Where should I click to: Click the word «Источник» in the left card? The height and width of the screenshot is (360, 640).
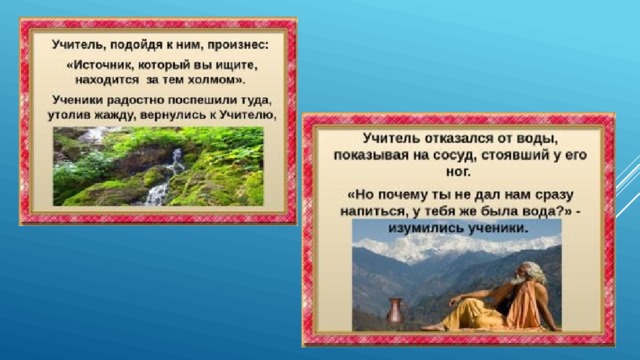pos(99,65)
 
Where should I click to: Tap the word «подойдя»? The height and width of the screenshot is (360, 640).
pos(136,44)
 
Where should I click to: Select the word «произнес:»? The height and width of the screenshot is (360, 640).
pos(238,45)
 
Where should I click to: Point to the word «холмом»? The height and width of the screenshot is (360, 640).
pos(216,80)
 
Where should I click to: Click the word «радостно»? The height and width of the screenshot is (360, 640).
pos(135,100)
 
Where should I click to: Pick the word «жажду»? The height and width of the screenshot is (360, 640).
pos(116,115)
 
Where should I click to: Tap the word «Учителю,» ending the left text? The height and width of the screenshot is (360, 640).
pos(248,115)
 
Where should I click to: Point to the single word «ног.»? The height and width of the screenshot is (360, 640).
pos(458,172)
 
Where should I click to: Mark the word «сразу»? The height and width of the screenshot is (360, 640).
pos(554,195)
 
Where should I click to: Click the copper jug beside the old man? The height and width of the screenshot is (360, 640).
pos(395,312)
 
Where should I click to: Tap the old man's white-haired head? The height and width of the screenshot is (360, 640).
pos(528,274)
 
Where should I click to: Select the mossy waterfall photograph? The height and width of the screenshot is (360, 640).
pos(158,166)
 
